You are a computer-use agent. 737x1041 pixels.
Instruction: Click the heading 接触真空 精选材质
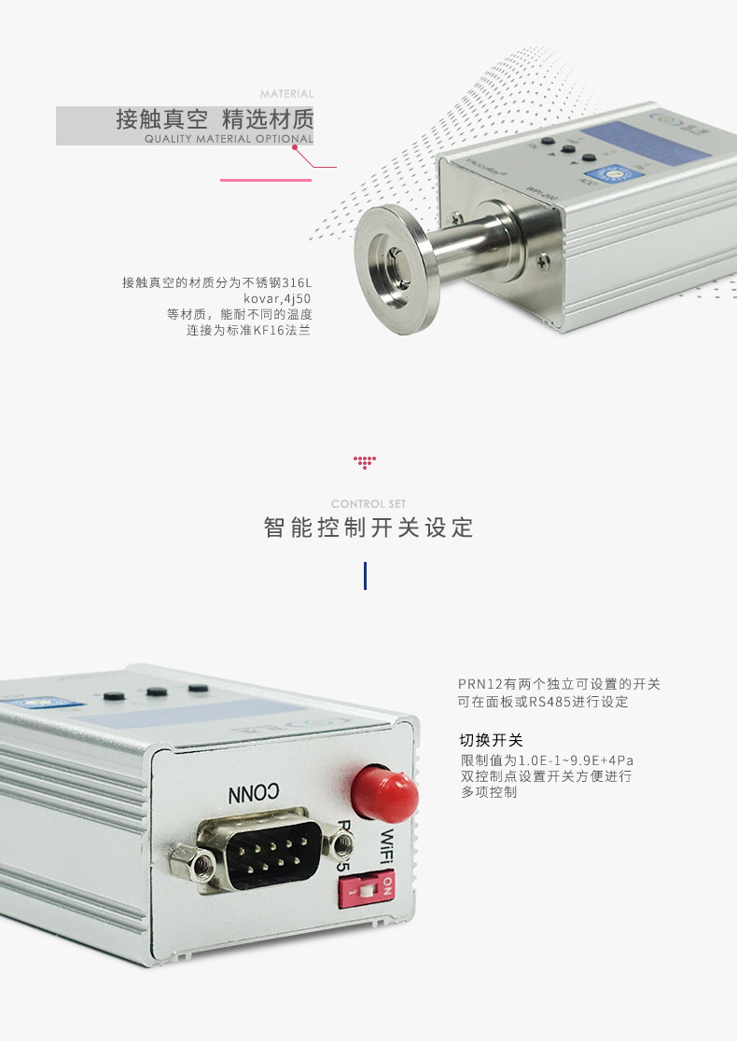[215, 120]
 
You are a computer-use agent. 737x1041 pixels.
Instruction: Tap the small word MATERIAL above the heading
[286, 94]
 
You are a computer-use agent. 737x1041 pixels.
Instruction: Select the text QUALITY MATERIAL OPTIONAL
[229, 139]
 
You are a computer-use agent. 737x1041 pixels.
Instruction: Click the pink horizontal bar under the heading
[265, 180]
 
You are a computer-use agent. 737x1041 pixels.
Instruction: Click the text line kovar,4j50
[276, 298]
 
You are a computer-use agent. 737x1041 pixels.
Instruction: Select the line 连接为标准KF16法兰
[248, 330]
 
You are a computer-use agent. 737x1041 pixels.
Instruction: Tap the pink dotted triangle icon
[365, 461]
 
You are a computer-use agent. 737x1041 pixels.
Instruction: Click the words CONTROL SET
[368, 504]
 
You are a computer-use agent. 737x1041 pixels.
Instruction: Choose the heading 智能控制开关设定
[368, 529]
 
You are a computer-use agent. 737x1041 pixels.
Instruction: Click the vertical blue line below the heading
[365, 575]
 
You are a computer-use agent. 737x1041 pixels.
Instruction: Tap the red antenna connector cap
[382, 793]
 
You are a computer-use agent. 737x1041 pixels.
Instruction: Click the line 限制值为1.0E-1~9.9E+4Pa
[547, 760]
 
